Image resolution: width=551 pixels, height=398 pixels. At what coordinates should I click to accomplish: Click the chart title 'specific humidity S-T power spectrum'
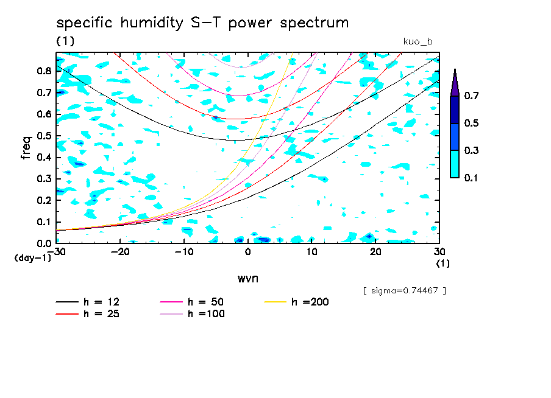coord(202,24)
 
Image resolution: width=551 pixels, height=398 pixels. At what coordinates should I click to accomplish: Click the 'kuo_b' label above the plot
coord(418,41)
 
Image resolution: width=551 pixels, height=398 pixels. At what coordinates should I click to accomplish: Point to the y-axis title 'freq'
coord(26,147)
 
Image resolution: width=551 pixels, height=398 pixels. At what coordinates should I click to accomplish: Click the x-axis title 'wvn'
coord(247,279)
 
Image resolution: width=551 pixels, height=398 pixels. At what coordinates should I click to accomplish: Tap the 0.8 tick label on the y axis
coord(44,71)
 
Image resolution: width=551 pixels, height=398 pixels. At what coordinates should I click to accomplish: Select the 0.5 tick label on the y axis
coord(44,136)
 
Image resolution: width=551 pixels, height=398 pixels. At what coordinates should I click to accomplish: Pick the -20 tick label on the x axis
coord(120,252)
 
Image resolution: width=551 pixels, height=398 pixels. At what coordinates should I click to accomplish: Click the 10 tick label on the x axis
coord(311,252)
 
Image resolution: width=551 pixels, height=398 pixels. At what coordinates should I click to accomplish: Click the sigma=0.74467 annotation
coord(404,291)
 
